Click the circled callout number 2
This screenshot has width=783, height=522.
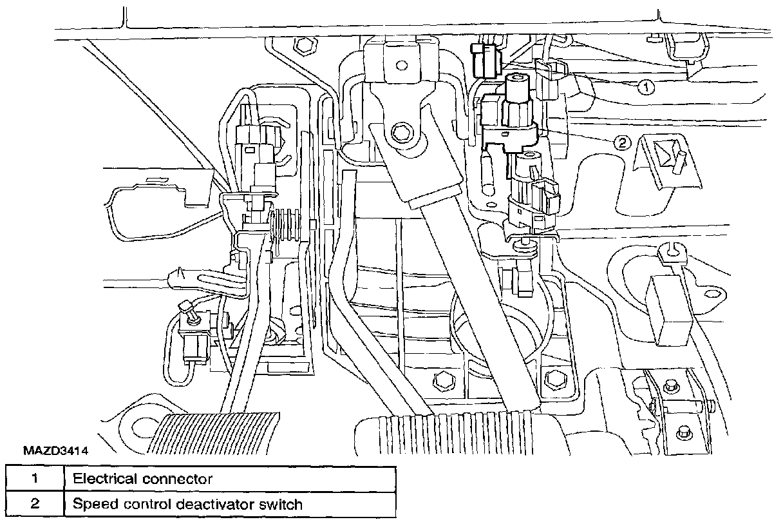coord(621,143)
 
